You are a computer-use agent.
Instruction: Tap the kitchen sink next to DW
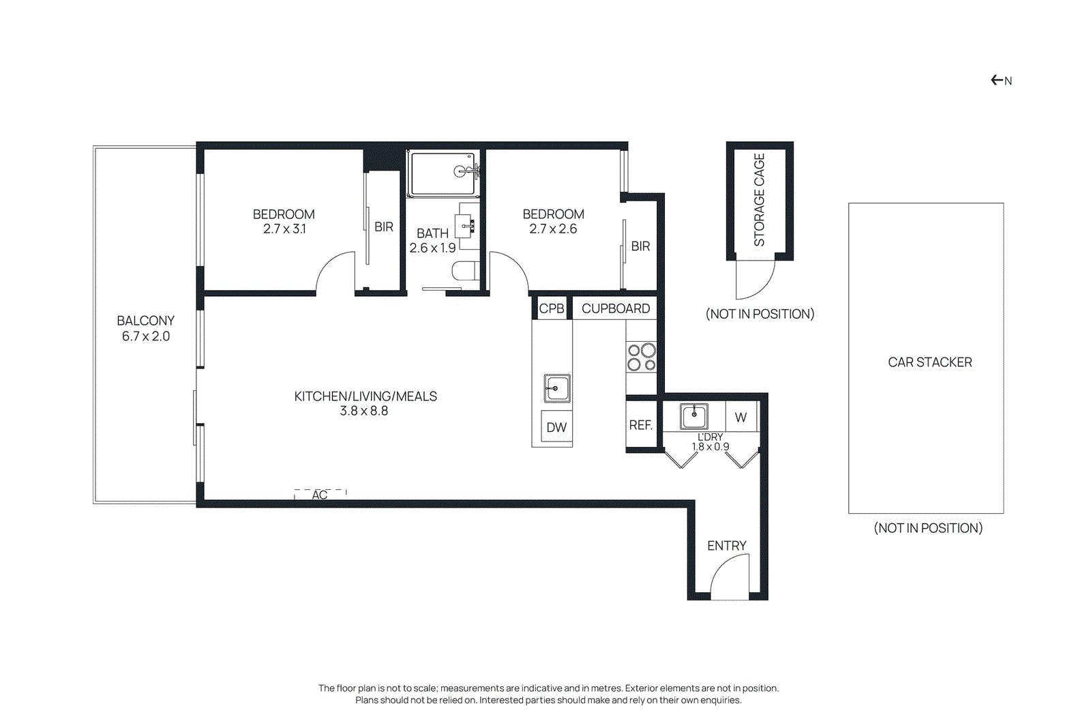(x=556, y=388)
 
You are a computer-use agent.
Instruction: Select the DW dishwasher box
(x=556, y=427)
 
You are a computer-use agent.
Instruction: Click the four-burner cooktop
(x=641, y=357)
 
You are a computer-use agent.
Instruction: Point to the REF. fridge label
(x=640, y=425)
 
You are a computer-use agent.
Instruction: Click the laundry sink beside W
(x=694, y=416)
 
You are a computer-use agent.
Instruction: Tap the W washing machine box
(x=741, y=417)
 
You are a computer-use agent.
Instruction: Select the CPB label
(x=552, y=308)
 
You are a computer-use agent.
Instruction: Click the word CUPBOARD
(x=615, y=308)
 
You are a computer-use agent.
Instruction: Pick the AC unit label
(x=320, y=494)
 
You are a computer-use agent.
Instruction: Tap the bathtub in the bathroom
(x=443, y=173)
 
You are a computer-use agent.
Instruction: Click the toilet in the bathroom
(x=466, y=271)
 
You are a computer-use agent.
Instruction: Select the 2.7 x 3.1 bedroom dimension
(x=284, y=229)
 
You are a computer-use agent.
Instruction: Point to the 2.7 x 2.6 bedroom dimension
(x=553, y=229)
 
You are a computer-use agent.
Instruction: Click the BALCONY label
(x=145, y=321)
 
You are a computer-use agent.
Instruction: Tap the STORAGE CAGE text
(x=759, y=199)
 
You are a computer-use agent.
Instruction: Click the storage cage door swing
(x=755, y=280)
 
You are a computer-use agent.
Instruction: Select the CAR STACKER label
(x=929, y=362)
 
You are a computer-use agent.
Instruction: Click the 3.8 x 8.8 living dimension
(x=364, y=411)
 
